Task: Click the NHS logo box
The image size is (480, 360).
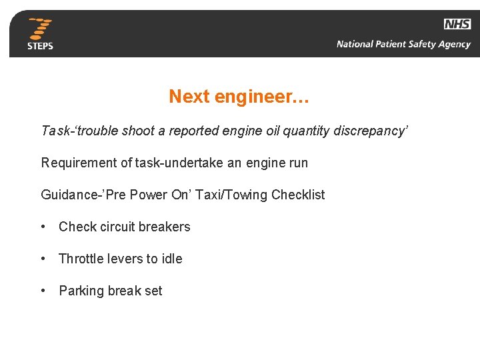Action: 457,24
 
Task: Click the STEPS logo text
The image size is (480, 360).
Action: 40,46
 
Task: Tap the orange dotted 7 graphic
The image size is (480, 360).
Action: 41,29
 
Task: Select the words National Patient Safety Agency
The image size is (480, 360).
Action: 403,45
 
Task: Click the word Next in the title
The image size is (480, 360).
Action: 189,97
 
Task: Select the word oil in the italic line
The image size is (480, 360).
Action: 273,131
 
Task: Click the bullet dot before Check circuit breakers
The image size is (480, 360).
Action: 43,227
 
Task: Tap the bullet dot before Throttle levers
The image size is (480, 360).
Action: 43,259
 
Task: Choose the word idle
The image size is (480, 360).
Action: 171,259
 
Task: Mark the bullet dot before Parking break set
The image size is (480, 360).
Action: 43,291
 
